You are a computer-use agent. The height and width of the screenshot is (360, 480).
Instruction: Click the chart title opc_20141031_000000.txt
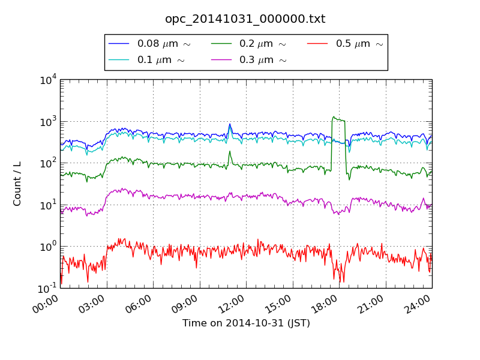(245, 19)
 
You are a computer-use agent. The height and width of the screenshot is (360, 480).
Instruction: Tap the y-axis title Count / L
(17, 184)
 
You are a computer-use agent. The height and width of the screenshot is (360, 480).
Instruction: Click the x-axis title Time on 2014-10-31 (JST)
(246, 323)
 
